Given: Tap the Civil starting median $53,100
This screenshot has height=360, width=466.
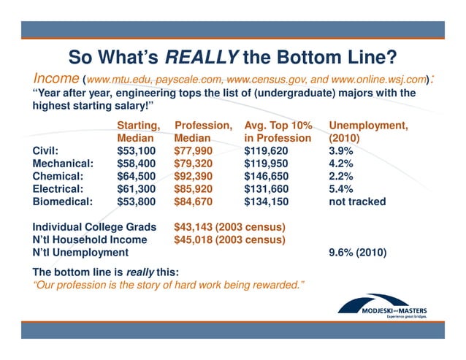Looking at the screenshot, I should (x=137, y=151).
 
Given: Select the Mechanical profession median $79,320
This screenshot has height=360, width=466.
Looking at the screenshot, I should (x=194, y=164).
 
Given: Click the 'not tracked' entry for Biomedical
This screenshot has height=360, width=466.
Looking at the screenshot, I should (x=357, y=202).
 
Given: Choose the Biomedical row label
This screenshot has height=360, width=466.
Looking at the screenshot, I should (x=63, y=202).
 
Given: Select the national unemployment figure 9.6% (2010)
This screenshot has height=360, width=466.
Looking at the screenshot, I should (x=358, y=253).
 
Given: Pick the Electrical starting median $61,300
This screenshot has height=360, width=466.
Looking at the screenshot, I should (x=137, y=188).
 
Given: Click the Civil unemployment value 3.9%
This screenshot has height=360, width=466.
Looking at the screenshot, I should (x=342, y=151).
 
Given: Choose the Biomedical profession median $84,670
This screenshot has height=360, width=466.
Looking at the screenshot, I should (x=194, y=202).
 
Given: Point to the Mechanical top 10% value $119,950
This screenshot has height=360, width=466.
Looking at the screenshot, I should (x=269, y=164).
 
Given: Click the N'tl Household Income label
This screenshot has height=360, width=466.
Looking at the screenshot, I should (x=90, y=240).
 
